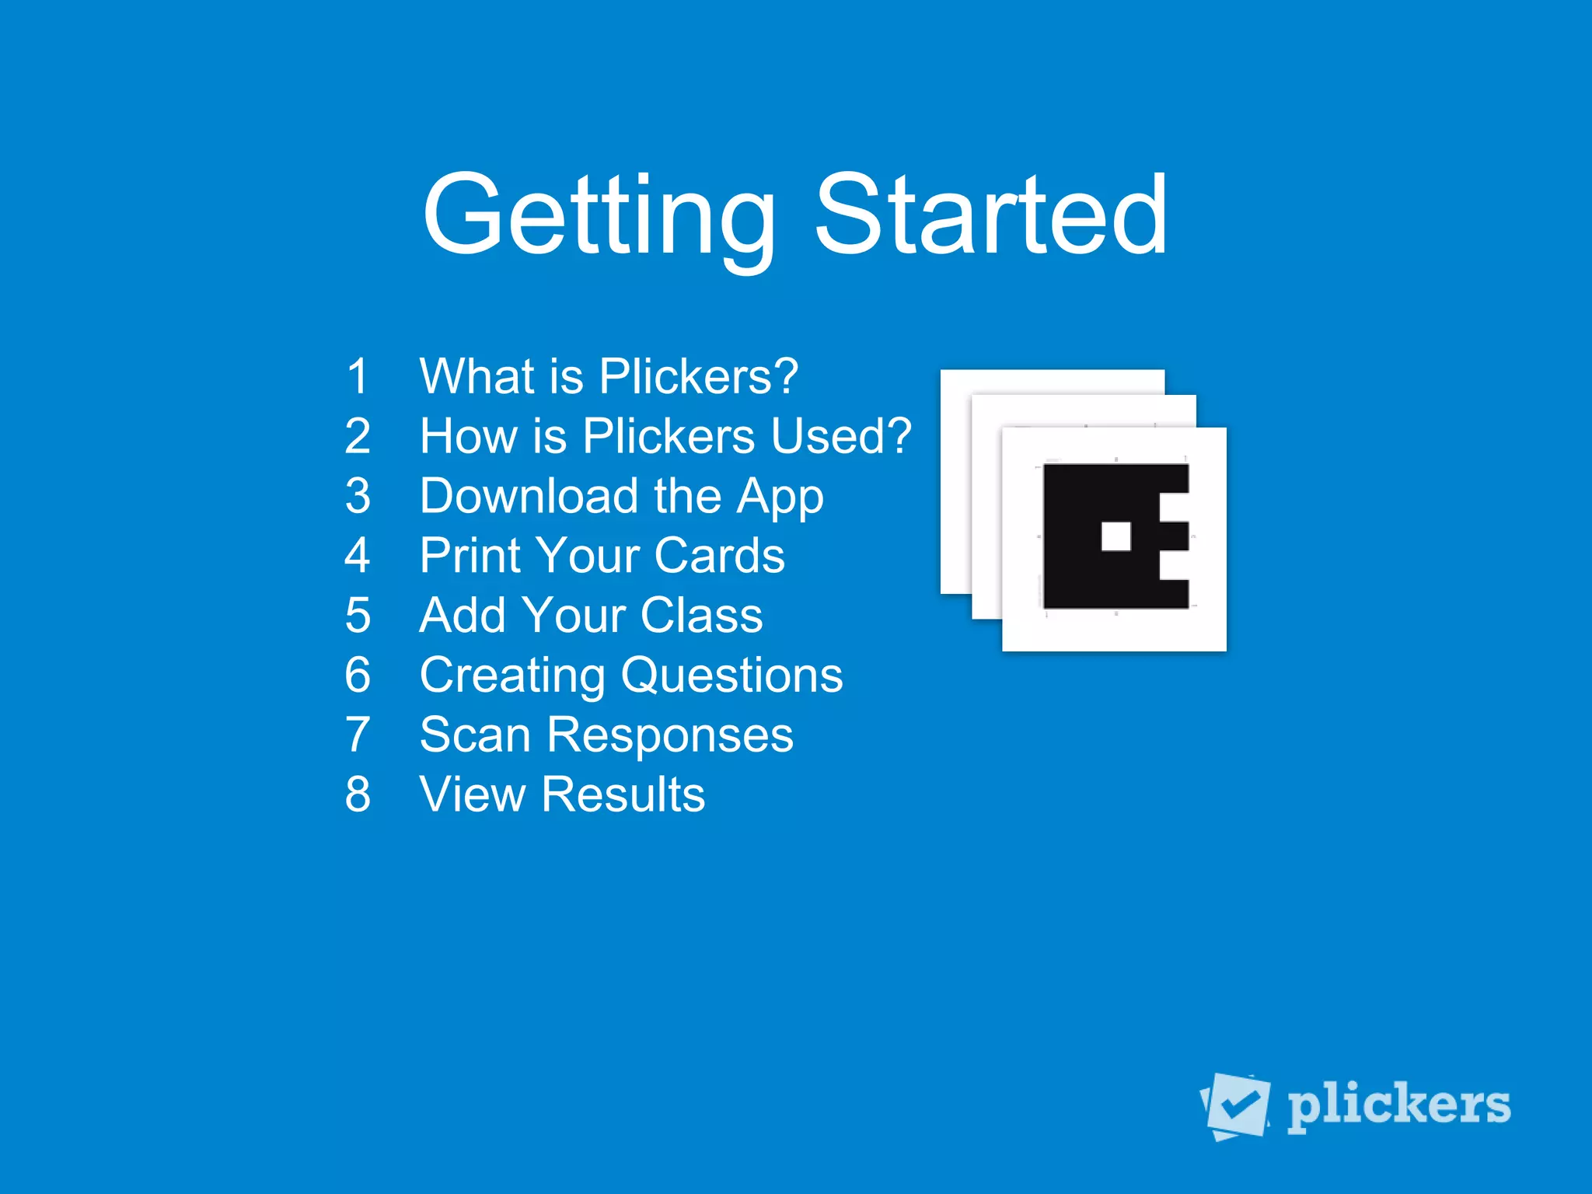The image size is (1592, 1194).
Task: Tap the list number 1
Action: coord(358,376)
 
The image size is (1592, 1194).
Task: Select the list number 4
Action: coord(358,555)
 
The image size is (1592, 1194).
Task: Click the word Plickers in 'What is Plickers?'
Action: coord(698,376)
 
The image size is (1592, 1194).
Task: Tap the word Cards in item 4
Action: coord(719,555)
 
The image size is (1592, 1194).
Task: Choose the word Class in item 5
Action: coord(701,615)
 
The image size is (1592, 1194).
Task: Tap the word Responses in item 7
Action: coord(670,736)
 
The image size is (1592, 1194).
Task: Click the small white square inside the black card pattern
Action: coord(1116,536)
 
